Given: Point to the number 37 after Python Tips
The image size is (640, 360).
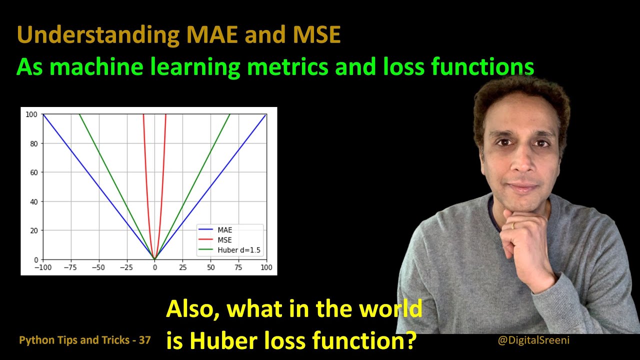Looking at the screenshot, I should [144, 340].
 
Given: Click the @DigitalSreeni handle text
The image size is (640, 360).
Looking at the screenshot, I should [533, 340].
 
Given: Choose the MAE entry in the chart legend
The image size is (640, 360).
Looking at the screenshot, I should [224, 230].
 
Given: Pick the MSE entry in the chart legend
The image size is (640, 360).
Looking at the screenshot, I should [224, 239].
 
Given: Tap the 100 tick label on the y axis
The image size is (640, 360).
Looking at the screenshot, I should [31, 114].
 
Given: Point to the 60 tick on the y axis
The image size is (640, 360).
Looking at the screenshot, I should [33, 172].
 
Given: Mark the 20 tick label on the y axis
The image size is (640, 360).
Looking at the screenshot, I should [33, 230].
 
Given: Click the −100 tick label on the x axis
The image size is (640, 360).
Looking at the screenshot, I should [42, 268].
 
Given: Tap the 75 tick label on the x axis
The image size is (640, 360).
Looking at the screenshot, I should [238, 268].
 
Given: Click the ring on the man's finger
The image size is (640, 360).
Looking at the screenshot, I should [512, 226].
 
